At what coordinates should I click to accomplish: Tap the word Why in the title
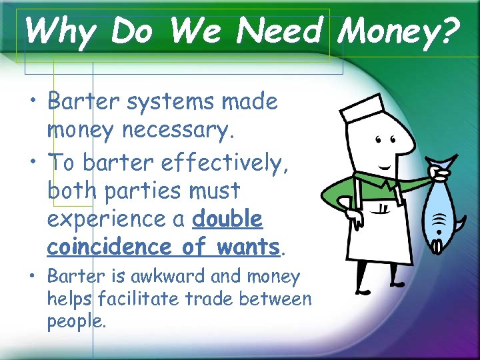coord(59,31)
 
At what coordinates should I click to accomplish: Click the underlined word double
coord(227,219)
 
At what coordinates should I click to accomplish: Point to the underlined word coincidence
coord(109,247)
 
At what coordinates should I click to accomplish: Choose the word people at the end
coord(75,321)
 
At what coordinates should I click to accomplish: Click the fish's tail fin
coord(445,163)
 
